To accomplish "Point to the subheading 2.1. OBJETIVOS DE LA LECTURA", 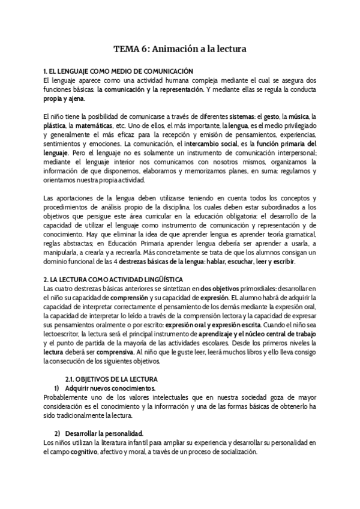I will pos(111,379).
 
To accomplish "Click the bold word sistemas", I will pos(238,117).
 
